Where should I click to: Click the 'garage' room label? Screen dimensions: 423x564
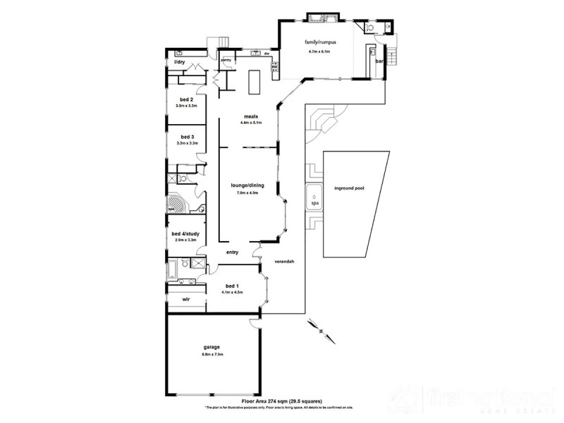(212, 347)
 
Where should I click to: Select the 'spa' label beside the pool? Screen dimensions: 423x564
(314, 203)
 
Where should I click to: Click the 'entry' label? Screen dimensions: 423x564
(233, 252)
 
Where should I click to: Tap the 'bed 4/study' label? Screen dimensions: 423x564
(186, 234)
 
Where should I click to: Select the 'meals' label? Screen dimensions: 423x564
(251, 116)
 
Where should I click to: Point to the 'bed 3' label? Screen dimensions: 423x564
(186, 137)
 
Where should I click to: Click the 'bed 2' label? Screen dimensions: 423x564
(186, 99)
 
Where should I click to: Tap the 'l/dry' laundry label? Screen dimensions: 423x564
(179, 63)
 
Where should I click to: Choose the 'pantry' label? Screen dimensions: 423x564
(226, 61)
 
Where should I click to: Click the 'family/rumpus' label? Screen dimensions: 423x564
(320, 43)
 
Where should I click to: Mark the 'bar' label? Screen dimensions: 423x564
(378, 62)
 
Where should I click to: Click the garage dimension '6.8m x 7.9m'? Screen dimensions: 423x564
(212, 354)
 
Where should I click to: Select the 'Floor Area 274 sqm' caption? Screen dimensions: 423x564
(268, 399)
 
